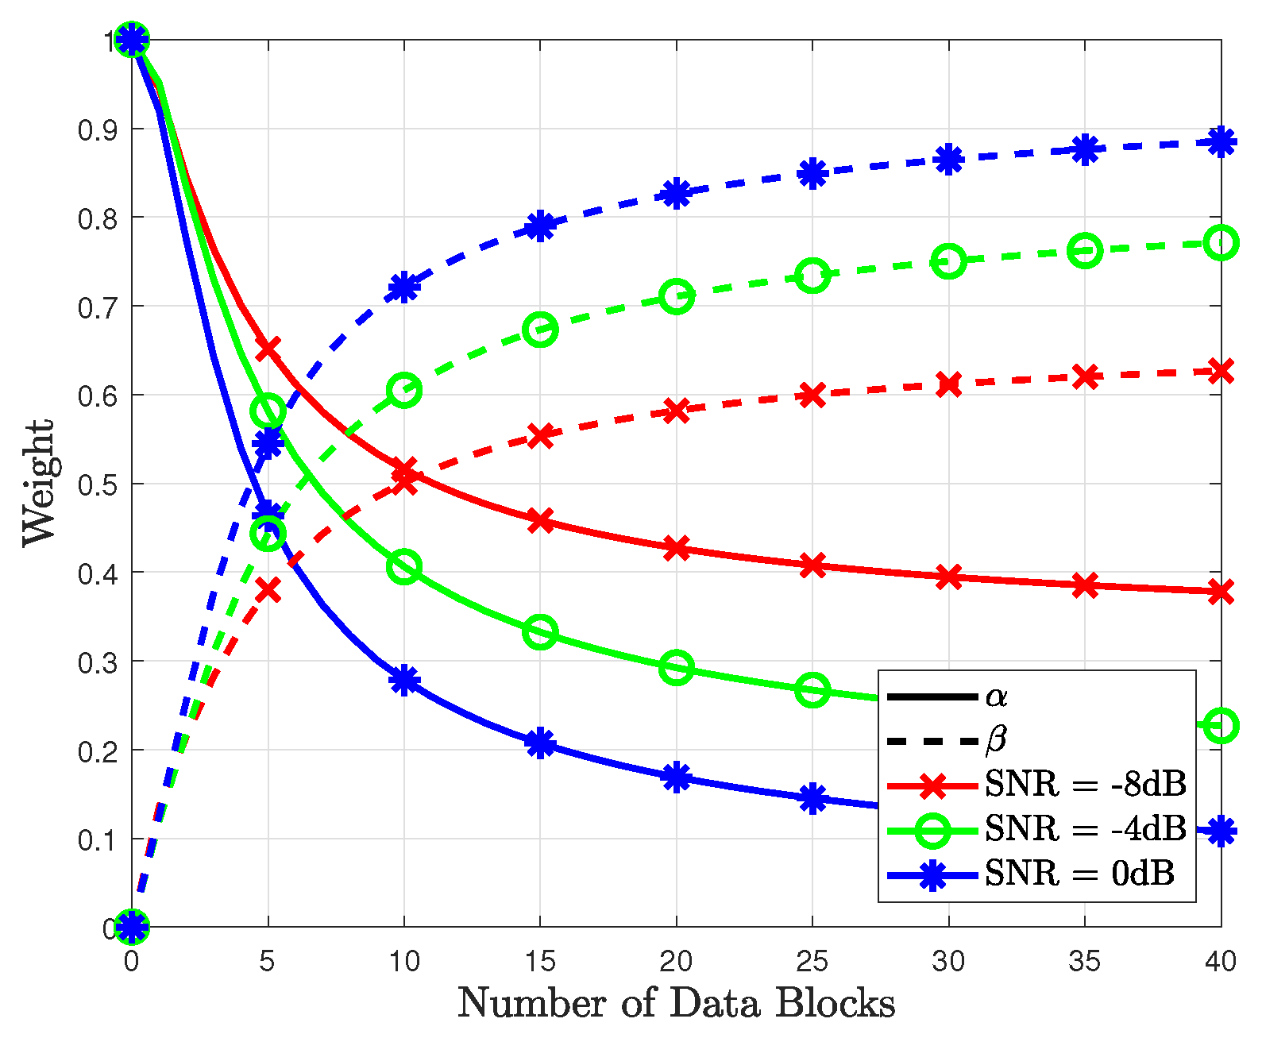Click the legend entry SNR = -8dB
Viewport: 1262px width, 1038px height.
(1085, 785)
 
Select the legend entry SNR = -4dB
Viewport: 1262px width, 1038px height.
(1085, 829)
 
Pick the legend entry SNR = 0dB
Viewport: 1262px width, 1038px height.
(1079, 874)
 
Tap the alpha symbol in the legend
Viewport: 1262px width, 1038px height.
(996, 697)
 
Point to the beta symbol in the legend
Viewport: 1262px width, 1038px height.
(996, 740)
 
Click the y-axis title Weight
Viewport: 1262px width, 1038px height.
(38, 483)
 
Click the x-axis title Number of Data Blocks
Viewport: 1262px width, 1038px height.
(676, 1004)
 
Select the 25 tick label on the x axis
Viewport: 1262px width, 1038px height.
(812, 962)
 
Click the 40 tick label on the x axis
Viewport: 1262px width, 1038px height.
(1220, 962)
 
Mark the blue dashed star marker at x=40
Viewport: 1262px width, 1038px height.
(1221, 143)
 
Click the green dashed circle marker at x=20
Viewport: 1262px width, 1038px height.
(676, 297)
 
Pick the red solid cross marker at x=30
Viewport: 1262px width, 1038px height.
(948, 577)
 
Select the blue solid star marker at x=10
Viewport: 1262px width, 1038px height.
(404, 681)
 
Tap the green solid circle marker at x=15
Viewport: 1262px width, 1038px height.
(540, 632)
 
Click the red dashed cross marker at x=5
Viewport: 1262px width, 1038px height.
(268, 590)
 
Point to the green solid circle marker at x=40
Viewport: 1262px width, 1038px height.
(1221, 726)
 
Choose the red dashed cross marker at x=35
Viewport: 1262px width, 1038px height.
(1085, 377)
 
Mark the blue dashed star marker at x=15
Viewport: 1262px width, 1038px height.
(540, 227)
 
